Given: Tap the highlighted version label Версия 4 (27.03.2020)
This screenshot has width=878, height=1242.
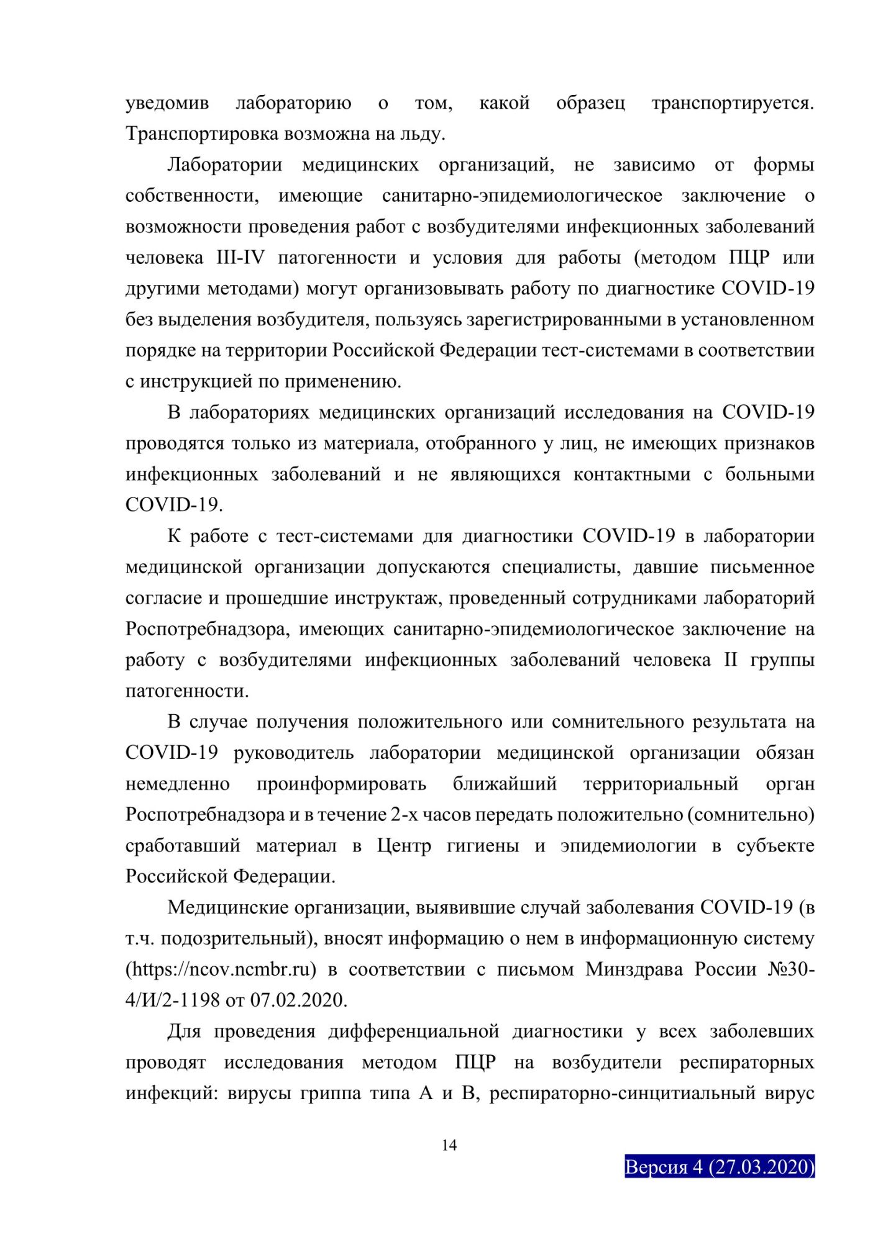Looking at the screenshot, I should click(719, 1167).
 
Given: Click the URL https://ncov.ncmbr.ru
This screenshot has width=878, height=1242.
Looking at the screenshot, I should click(221, 969).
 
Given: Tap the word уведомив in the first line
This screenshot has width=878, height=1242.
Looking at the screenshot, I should click(167, 102).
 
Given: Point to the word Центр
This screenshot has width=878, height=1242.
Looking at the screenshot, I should click(404, 846).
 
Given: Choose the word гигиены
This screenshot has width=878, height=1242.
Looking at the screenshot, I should click(483, 846).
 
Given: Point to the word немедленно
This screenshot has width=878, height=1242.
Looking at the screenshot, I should click(178, 784).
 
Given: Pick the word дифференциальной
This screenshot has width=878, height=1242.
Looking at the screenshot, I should click(413, 1031).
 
